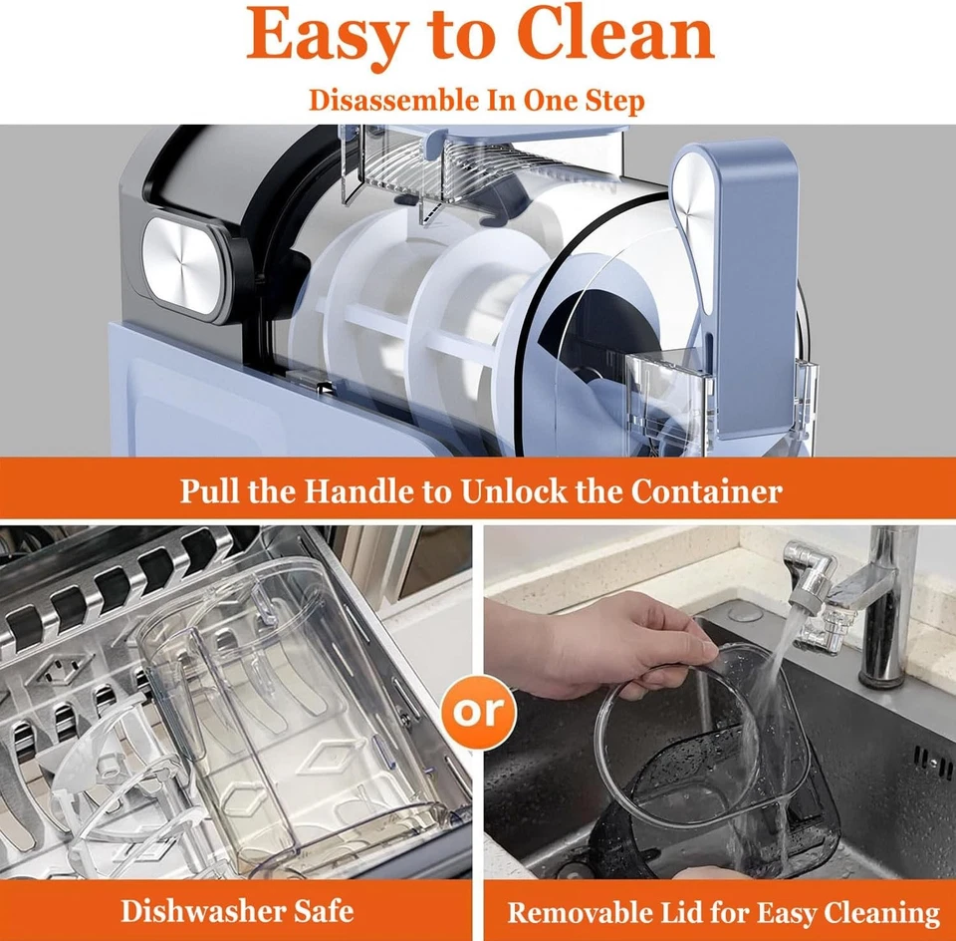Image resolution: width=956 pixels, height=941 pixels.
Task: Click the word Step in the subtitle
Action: (x=614, y=102)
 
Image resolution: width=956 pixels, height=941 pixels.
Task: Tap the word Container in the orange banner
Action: (x=706, y=490)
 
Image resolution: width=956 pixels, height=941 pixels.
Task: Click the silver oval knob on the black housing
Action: (x=181, y=267)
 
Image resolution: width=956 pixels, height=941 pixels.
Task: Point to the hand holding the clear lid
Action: (x=600, y=646)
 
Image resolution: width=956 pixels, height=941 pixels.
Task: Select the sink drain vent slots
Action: (x=932, y=760)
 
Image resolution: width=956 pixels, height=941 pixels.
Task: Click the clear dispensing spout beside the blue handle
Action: (x=664, y=400)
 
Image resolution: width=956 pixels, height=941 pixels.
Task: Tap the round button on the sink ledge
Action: (x=745, y=613)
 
